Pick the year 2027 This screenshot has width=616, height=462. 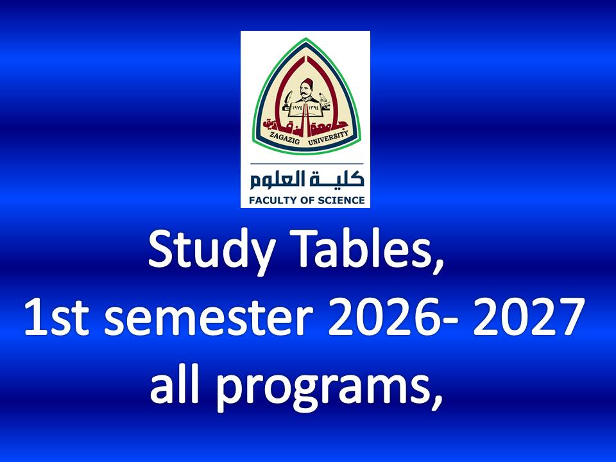click(528, 316)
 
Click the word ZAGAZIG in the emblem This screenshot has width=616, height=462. click(283, 139)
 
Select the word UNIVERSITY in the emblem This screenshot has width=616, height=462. click(329, 139)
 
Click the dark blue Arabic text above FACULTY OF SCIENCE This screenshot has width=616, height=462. click(307, 180)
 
